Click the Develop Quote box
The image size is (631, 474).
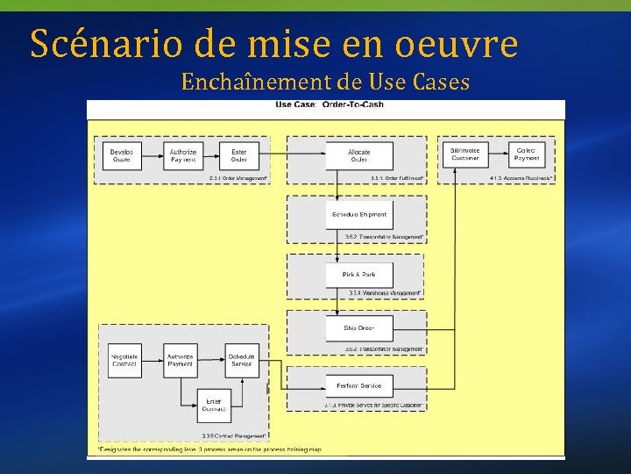click(122, 155)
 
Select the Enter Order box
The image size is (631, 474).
click(239, 155)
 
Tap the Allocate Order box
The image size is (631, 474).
click(359, 155)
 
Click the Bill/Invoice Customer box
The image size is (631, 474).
click(464, 155)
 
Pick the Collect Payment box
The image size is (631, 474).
click(527, 155)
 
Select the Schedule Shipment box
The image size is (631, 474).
click(359, 215)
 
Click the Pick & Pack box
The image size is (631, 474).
click(359, 275)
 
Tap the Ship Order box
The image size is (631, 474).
click(359, 328)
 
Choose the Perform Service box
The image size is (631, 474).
click(359, 385)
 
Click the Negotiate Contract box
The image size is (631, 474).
click(124, 360)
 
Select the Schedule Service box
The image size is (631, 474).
click(241, 360)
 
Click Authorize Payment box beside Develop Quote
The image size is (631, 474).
click(183, 155)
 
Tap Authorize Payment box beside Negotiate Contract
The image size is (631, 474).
click(181, 360)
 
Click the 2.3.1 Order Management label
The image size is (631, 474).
click(238, 178)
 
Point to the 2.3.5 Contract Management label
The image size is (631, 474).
click(234, 435)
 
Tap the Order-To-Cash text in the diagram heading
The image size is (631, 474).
click(354, 105)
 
